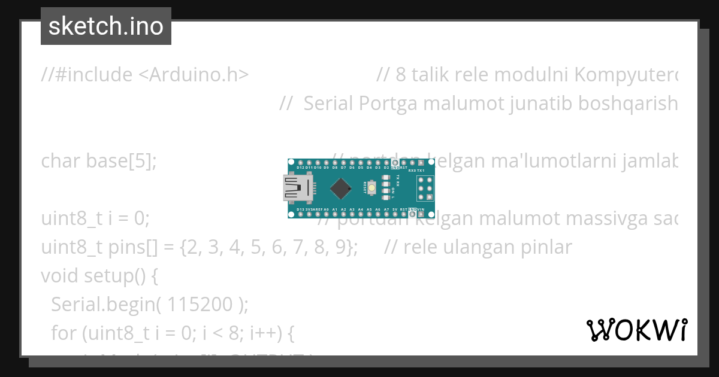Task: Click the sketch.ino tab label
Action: pyautogui.click(x=106, y=26)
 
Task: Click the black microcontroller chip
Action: pyautogui.click(x=340, y=189)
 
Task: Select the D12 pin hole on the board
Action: pyautogui.click(x=300, y=163)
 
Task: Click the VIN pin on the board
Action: pyautogui.click(x=421, y=214)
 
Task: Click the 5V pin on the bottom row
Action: pyautogui.click(x=395, y=214)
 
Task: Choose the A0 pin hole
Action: pyautogui.click(x=326, y=214)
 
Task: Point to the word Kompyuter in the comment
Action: pyautogui.click(x=623, y=75)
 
